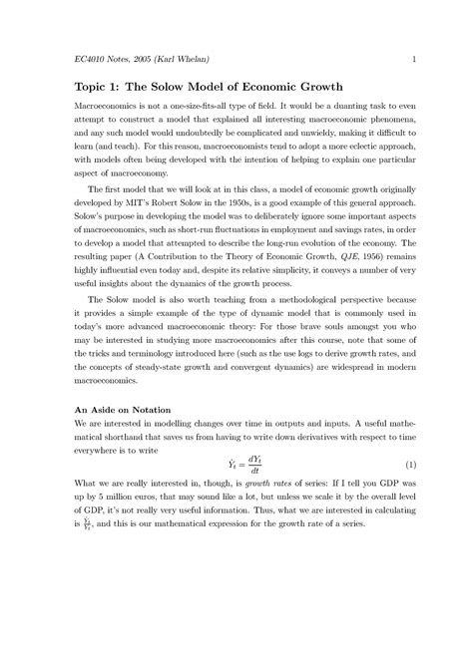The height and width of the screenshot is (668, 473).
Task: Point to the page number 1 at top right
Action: click(412, 60)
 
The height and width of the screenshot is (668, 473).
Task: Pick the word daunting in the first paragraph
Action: click(374, 104)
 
